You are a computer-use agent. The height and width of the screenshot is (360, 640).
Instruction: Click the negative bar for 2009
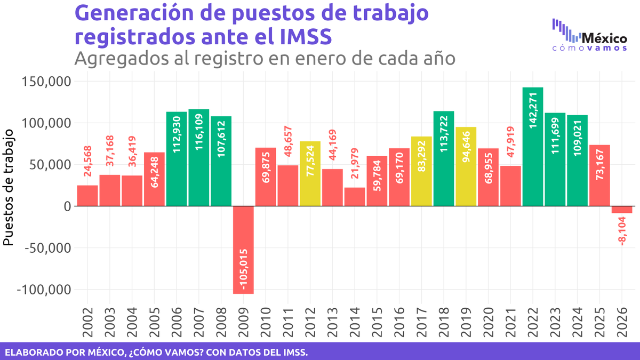click(243, 250)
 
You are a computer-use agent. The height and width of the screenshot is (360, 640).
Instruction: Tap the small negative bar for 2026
click(622, 210)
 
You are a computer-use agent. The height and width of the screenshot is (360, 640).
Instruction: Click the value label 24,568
click(87, 160)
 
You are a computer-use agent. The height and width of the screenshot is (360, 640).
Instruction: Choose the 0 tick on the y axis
click(67, 206)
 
